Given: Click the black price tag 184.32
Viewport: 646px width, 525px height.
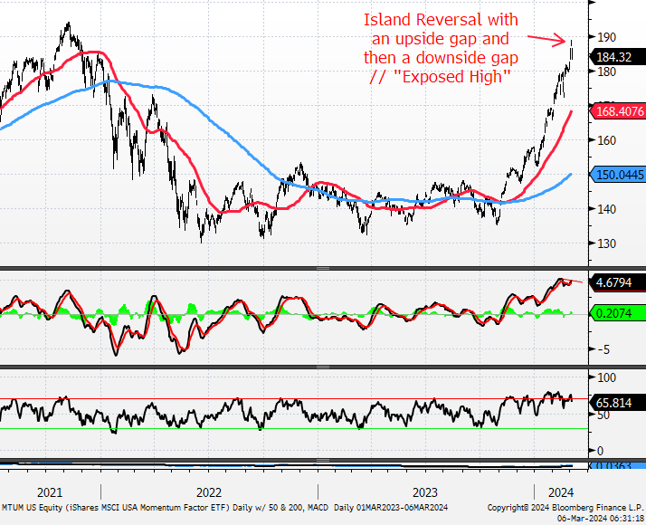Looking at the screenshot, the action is [618, 57].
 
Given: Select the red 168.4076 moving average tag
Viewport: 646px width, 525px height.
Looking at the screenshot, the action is [618, 111].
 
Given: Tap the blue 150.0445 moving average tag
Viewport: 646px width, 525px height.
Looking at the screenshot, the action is [618, 175].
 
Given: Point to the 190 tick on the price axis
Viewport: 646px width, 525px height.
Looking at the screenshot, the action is [606, 37].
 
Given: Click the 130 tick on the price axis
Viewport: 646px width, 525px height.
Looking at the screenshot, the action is [606, 243].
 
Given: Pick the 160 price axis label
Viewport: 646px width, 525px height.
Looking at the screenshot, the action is [606, 140].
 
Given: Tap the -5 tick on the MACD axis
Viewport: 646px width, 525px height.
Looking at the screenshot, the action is [603, 350].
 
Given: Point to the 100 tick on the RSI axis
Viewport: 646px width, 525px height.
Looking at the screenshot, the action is [606, 377].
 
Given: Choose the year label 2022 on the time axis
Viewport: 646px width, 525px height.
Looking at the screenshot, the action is [209, 492].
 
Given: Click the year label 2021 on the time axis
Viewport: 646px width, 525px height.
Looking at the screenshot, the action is [50, 492].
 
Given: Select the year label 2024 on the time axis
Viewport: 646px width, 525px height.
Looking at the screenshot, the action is [561, 492].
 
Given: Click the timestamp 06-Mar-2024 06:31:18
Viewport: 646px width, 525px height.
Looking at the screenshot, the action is [601, 518].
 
